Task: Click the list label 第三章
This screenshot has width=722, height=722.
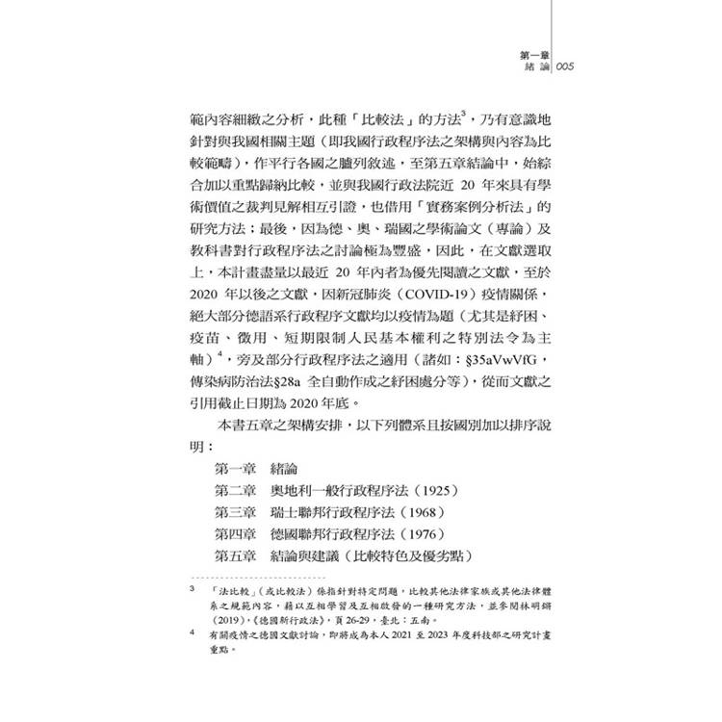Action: (236, 512)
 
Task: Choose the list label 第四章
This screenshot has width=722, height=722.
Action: (236, 534)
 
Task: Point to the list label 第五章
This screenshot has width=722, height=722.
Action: (236, 557)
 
